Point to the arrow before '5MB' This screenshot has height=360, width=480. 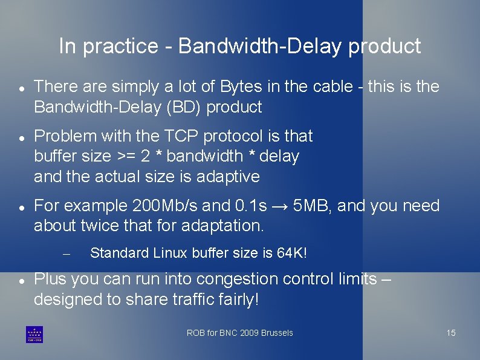click(279, 206)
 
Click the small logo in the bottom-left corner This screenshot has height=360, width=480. click(34, 334)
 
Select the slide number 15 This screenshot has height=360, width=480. click(451, 333)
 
